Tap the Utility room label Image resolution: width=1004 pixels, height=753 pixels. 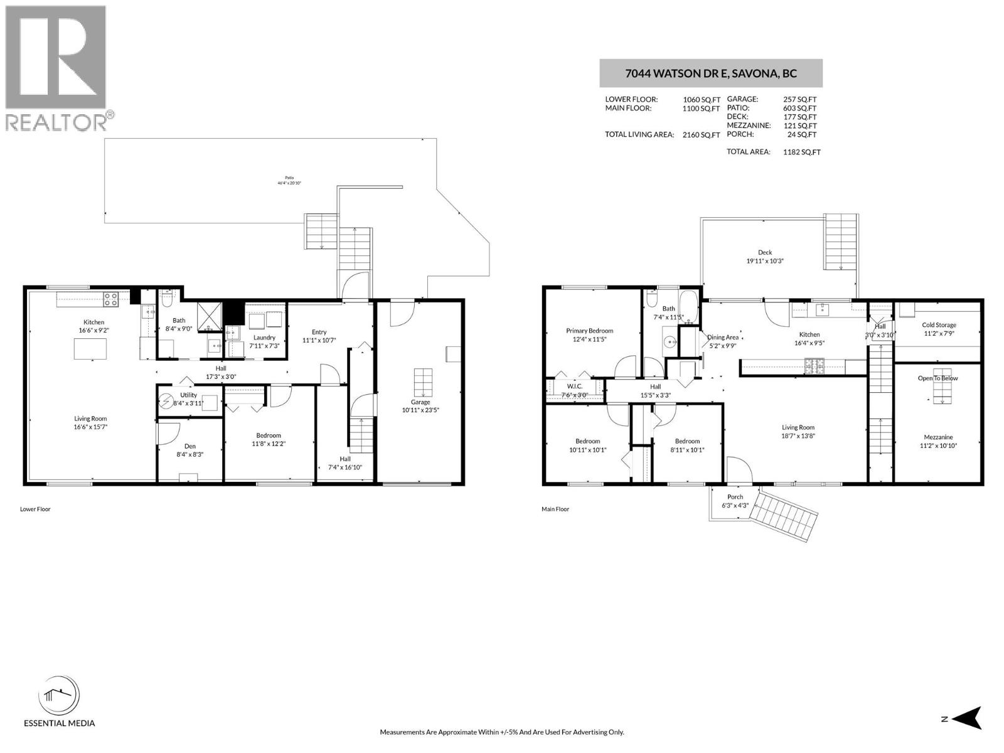coord(188,395)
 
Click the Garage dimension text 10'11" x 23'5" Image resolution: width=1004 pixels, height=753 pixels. coord(420,410)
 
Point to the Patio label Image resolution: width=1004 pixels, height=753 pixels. coord(289,178)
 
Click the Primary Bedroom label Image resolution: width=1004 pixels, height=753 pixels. coord(589,331)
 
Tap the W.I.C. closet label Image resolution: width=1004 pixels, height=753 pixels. coord(574,387)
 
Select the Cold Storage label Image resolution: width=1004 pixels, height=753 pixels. coord(939,325)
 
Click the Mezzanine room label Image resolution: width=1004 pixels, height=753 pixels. coord(938,437)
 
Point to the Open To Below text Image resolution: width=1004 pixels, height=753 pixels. coord(938,378)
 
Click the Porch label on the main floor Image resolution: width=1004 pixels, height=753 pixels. coord(735,496)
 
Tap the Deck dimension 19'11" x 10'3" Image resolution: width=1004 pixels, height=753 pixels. coord(765,261)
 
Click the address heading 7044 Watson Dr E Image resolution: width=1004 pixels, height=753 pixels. coord(710,73)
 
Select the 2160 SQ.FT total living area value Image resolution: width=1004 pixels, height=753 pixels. coord(701,135)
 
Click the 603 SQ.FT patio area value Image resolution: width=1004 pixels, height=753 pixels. coord(799,108)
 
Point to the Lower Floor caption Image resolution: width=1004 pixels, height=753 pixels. coord(35,509)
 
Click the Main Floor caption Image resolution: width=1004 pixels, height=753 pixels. coord(555,509)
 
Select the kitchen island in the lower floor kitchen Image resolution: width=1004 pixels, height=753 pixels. coord(90,348)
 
